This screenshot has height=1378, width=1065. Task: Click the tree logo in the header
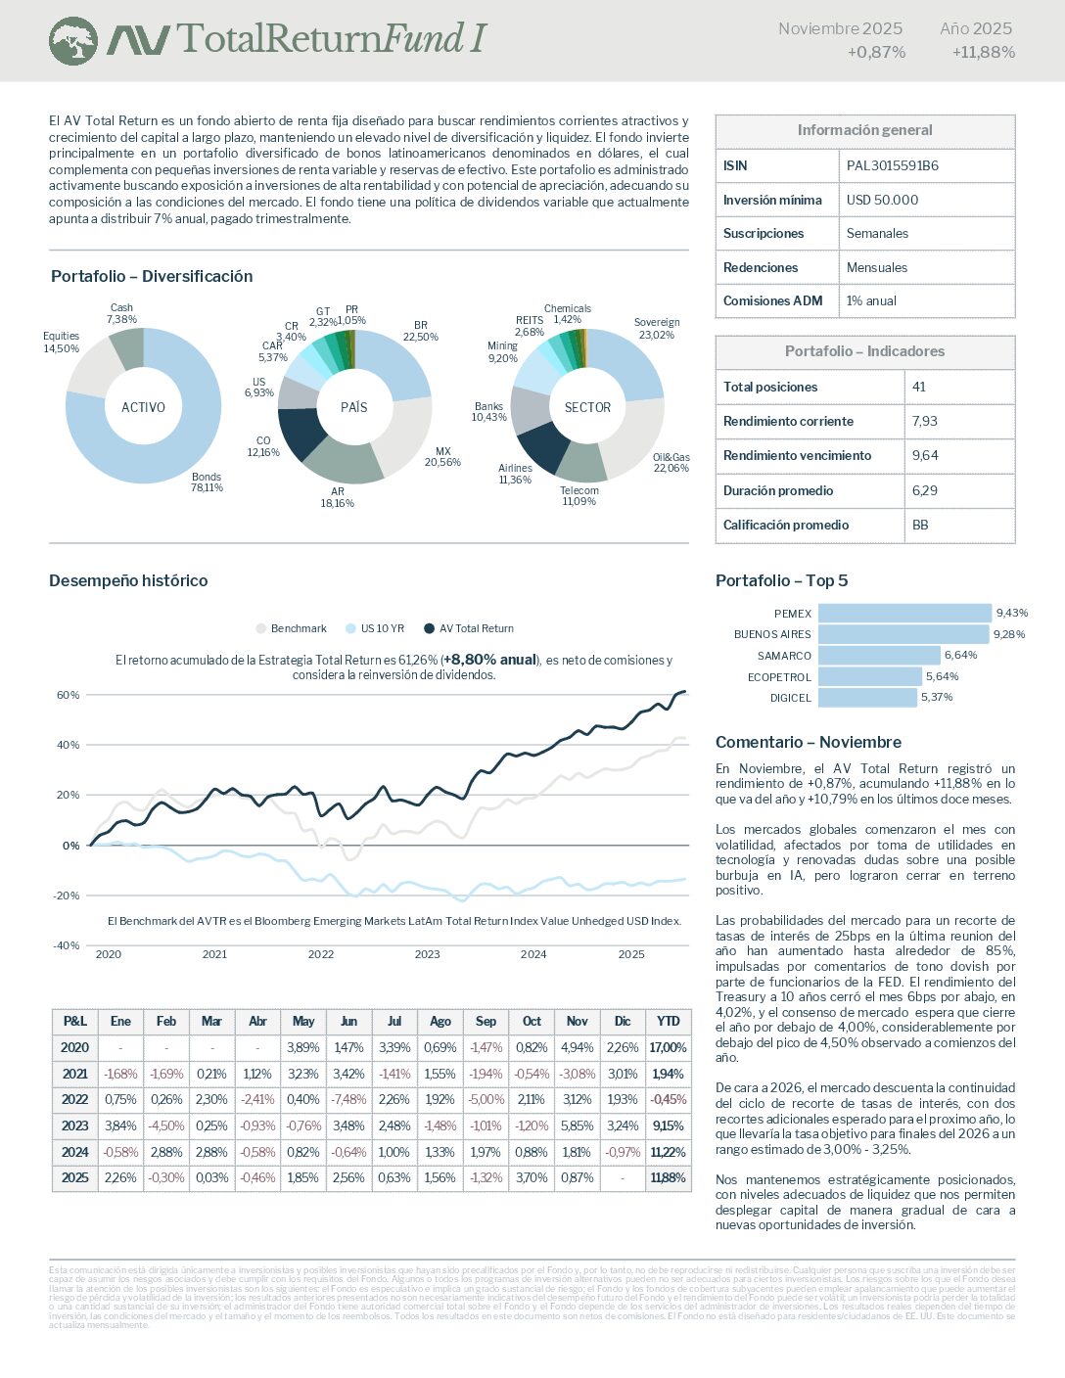pyautogui.click(x=73, y=41)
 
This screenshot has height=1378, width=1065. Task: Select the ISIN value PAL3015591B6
pyautogui.click(x=892, y=165)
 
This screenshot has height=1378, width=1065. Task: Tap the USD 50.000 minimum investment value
pyautogui.click(x=882, y=200)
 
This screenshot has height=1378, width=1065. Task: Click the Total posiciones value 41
pyautogui.click(x=919, y=387)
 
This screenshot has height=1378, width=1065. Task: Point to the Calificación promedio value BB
pyautogui.click(x=920, y=525)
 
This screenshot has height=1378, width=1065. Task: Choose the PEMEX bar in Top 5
pyautogui.click(x=904, y=614)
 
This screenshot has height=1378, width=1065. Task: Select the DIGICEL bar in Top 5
pyautogui.click(x=867, y=698)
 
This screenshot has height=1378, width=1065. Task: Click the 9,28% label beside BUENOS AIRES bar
pyautogui.click(x=1009, y=634)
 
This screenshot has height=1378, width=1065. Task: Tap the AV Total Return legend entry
pyautogui.click(x=469, y=628)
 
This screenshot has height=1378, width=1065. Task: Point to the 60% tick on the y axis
pyautogui.click(x=68, y=695)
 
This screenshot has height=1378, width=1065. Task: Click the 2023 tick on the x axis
pyautogui.click(x=427, y=954)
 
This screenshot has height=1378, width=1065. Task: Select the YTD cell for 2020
pyautogui.click(x=668, y=1047)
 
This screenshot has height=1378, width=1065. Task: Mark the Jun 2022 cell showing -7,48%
pyautogui.click(x=348, y=1099)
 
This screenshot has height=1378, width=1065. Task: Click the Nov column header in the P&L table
pyautogui.click(x=577, y=1021)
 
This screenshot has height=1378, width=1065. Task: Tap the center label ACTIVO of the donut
pyautogui.click(x=143, y=407)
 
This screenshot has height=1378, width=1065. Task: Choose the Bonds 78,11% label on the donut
pyautogui.click(x=207, y=482)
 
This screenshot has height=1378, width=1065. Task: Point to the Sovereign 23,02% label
pyautogui.click(x=656, y=329)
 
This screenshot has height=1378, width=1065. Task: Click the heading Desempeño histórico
pyautogui.click(x=128, y=580)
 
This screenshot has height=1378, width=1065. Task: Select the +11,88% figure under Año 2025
pyautogui.click(x=983, y=52)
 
